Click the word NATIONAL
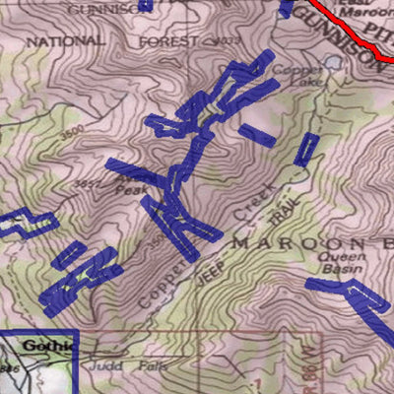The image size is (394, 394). point(64,41)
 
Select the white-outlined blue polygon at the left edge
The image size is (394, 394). point(25,225)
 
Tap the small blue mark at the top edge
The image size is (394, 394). point(146,5)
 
